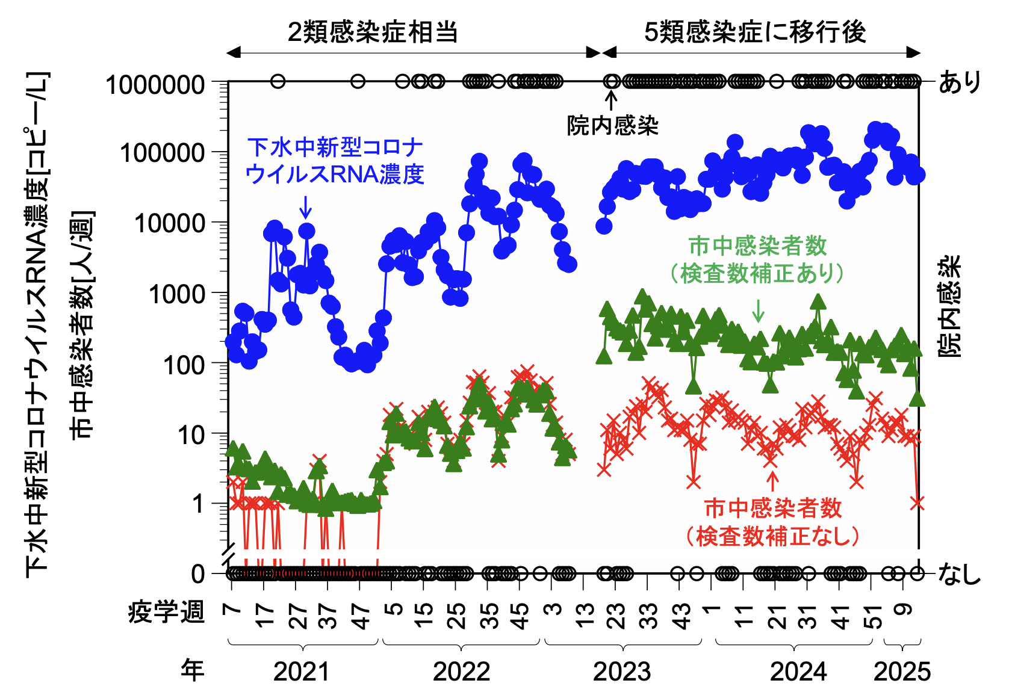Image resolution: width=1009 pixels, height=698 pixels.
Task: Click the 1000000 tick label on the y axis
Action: tap(155, 85)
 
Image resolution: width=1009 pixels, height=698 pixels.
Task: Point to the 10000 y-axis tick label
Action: tap(170, 224)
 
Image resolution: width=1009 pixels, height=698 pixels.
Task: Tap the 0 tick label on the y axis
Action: tap(198, 574)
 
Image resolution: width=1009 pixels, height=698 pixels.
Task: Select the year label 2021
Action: tap(301, 672)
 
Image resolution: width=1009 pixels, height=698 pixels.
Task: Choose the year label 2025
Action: tap(902, 672)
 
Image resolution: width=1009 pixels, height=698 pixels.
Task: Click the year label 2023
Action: tap(622, 672)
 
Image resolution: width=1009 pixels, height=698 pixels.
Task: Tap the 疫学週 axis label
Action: tap(167, 613)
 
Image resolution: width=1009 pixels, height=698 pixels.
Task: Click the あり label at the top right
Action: tap(960, 82)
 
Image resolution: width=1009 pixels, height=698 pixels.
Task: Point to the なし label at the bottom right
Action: tap(960, 574)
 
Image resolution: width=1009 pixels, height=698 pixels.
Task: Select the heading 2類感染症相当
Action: tap(373, 32)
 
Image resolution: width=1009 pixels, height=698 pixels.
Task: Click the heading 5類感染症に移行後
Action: tap(755, 32)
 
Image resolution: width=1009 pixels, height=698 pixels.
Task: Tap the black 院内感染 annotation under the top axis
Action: tap(613, 126)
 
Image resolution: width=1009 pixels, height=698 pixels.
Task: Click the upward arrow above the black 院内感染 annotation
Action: tap(612, 100)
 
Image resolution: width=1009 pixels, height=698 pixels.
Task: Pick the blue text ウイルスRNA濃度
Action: tap(335, 174)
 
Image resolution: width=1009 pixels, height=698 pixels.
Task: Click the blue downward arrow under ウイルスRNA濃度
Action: tap(306, 207)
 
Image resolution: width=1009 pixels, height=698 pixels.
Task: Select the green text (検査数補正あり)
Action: tap(757, 274)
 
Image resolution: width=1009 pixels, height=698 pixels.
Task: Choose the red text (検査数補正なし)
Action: tap(773, 536)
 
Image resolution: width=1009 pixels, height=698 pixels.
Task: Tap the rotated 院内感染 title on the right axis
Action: tap(951, 307)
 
